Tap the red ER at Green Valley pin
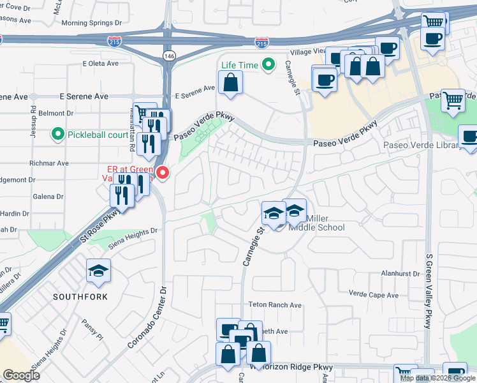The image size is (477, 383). (x=163, y=172)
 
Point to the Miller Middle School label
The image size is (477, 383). (x=317, y=227)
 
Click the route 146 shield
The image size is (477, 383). (x=168, y=56)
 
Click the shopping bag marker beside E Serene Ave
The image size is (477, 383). (x=230, y=82)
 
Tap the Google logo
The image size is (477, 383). (x=22, y=375)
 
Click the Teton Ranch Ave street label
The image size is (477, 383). (x=277, y=306)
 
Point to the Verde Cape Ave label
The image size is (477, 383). (x=374, y=295)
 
